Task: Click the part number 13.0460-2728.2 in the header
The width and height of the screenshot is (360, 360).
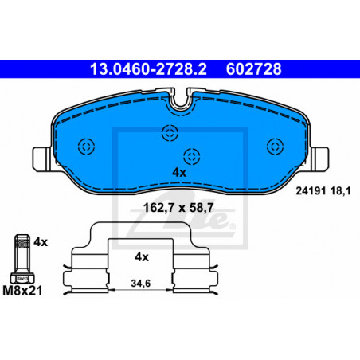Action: (x=148, y=69)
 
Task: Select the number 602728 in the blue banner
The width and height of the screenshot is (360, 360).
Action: (x=254, y=69)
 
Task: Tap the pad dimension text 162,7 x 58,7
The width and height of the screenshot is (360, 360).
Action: (x=178, y=208)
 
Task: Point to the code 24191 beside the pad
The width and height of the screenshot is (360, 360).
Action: (x=311, y=191)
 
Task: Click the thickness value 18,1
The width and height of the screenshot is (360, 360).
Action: (x=341, y=191)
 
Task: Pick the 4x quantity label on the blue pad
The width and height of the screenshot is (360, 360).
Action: (x=179, y=173)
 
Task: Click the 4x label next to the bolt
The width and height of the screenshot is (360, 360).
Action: (x=41, y=242)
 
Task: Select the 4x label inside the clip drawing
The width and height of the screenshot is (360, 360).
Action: (x=142, y=257)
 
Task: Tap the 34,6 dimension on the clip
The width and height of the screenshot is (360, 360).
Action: (x=141, y=284)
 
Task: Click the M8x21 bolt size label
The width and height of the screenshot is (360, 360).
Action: (x=22, y=291)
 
